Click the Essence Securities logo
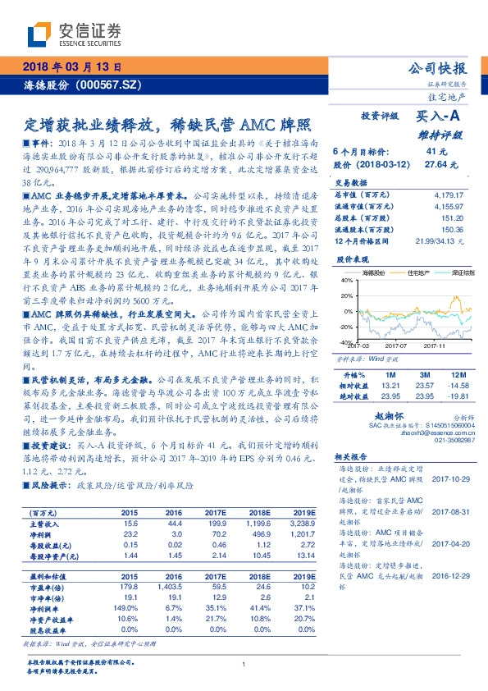click(x=75, y=32)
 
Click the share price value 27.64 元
click(x=436, y=165)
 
